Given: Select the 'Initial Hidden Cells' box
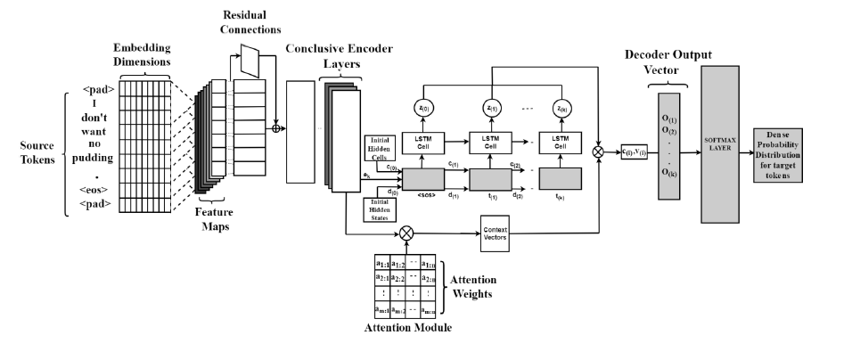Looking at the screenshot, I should pos(378,150).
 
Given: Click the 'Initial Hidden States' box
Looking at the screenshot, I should pos(378,209).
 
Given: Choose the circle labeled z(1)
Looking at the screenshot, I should pos(489,108).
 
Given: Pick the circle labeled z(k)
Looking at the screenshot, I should pos(561,108).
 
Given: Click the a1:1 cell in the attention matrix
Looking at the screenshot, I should pos(381,264).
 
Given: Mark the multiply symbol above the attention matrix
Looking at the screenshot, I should pos(408,233).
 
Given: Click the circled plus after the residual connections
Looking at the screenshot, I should pos(276,127).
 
